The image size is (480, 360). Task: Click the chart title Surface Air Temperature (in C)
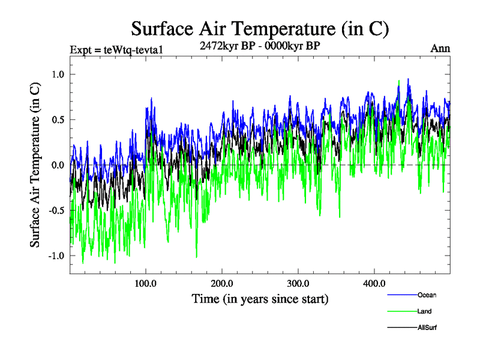pyautogui.click(x=260, y=28)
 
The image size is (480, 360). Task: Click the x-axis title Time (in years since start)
pyautogui.click(x=260, y=298)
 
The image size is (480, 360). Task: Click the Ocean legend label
pyautogui.click(x=427, y=295)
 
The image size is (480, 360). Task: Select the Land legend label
pyautogui.click(x=424, y=311)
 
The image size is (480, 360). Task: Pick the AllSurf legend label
pyautogui.click(x=427, y=328)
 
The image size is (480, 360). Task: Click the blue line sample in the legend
pyautogui.click(x=402, y=295)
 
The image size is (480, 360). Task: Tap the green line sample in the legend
pyautogui.click(x=402, y=311)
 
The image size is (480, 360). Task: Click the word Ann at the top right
pyautogui.click(x=440, y=49)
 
